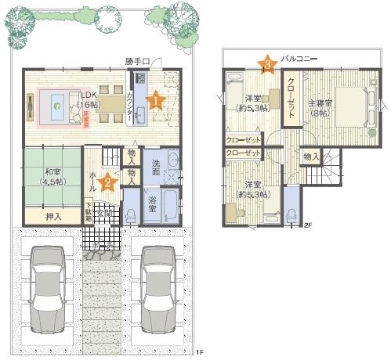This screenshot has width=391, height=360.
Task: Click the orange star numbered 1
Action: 155,99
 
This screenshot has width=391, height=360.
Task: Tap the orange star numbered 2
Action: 110,182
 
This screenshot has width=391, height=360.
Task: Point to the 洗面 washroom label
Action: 155,167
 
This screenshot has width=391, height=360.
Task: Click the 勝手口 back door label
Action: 136,60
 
